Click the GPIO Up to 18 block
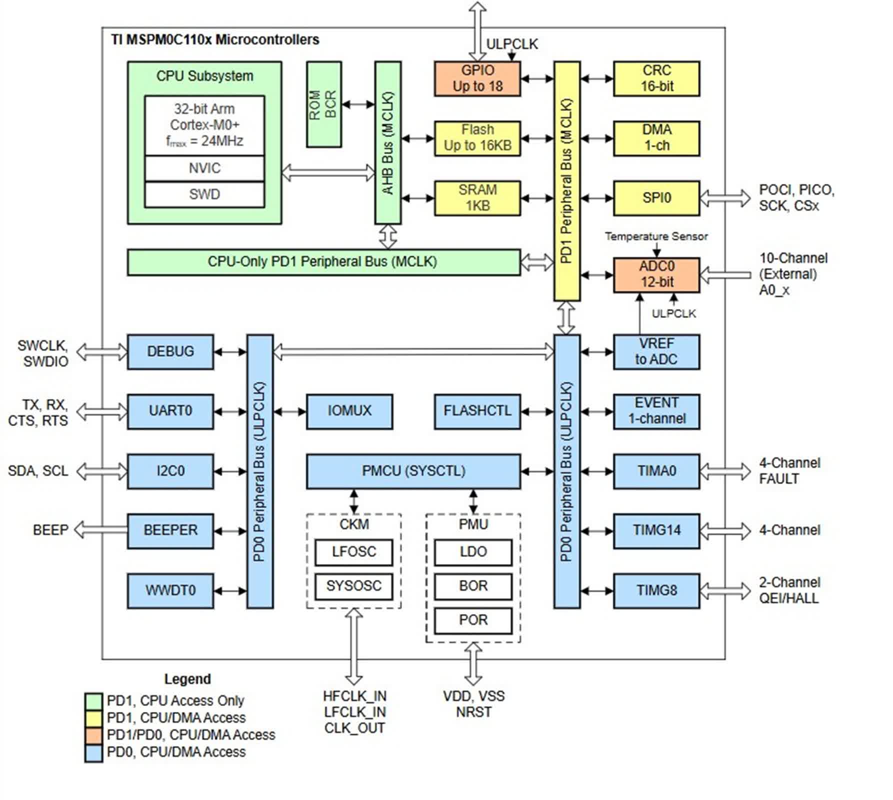pyautogui.click(x=477, y=78)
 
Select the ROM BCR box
pyautogui.click(x=324, y=104)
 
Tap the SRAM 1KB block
pyautogui.click(x=477, y=198)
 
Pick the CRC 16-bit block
pyautogui.click(x=656, y=78)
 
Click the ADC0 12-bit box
pyautogui.click(x=656, y=274)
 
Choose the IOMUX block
pyautogui.click(x=349, y=411)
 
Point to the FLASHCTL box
pyautogui.click(x=477, y=411)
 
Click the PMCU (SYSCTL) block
pyautogui.click(x=413, y=471)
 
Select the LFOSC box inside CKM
pyautogui.click(x=353, y=552)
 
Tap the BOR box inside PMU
pyautogui.click(x=473, y=586)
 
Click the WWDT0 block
pyautogui.click(x=170, y=590)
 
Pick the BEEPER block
pyautogui.click(x=170, y=530)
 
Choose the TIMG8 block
pyautogui.click(x=656, y=590)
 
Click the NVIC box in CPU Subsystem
pyautogui.click(x=204, y=168)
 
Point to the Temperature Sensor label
pyautogui.click(x=656, y=236)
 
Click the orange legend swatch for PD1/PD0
pyautogui.click(x=93, y=735)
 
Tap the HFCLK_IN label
pyautogui.click(x=354, y=696)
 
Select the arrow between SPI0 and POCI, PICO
pyautogui.click(x=725, y=198)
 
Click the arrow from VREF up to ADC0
pyautogui.click(x=639, y=313)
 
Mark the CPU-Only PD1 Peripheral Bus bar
pyautogui.click(x=323, y=262)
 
